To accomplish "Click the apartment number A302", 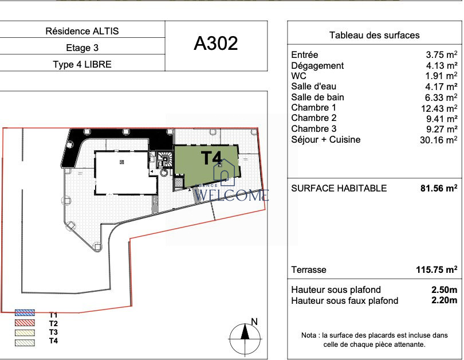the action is click(216, 44).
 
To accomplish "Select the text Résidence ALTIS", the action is click(82, 31).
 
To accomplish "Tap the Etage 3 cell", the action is click(82, 48).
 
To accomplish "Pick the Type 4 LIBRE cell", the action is click(82, 64).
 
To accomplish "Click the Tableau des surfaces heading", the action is click(374, 35).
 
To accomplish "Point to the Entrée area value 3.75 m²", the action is click(442, 55).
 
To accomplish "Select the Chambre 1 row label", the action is click(313, 107).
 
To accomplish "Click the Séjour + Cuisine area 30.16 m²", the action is click(439, 140).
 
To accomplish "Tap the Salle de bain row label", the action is click(317, 97).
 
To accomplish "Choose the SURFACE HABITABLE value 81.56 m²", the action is click(439, 188).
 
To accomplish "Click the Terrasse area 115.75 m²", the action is click(437, 269).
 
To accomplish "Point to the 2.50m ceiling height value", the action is click(444, 289).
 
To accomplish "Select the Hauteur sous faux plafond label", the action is click(344, 301).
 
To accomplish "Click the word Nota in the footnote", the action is click(309, 335).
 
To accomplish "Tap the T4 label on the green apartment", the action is click(211, 158).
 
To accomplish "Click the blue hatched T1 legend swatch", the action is click(25, 312).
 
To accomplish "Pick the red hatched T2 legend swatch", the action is click(25, 323).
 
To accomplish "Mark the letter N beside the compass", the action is click(254, 322).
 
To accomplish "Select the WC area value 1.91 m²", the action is click(441, 76).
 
